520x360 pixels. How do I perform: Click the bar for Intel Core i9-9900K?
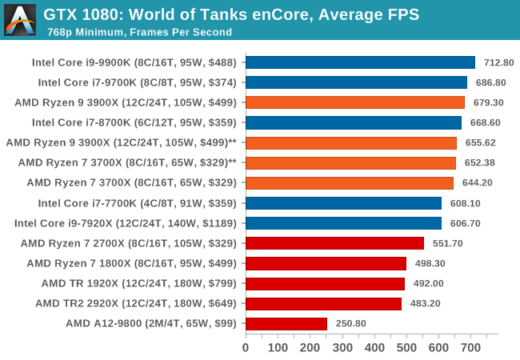[360, 62]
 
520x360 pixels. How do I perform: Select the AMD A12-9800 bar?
[286, 323]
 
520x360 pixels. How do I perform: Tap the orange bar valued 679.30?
[354, 102]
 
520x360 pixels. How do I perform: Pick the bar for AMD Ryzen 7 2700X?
[334, 243]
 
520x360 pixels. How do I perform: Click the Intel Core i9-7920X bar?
[343, 223]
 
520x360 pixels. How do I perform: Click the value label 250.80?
[350, 323]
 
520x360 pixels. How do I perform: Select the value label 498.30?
[430, 263]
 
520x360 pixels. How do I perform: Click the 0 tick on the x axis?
[246, 347]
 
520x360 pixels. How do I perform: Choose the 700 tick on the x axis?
[470, 347]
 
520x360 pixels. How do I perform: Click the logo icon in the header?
[19, 19]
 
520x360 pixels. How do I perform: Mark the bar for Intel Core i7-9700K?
[356, 82]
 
